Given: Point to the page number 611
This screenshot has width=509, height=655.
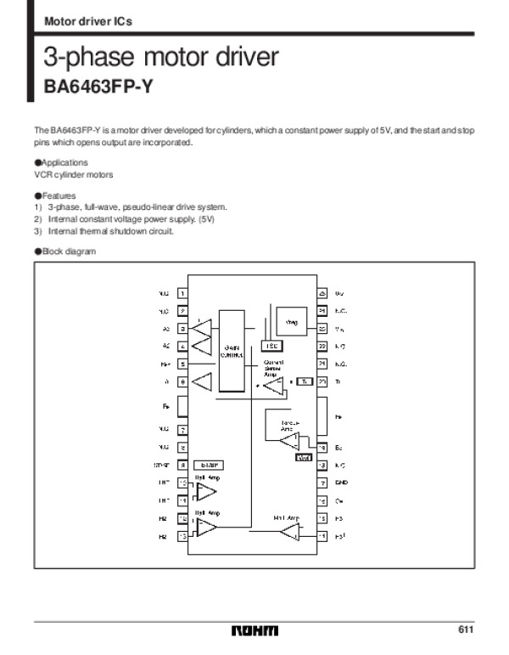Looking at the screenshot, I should click(465, 630).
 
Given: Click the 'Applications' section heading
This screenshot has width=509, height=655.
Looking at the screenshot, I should click(60, 162).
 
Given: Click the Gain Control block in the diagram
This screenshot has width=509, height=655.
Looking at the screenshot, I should click(231, 351).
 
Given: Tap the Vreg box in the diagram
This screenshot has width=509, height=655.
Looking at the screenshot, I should click(293, 322).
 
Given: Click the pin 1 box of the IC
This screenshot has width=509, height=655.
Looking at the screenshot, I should click(182, 294).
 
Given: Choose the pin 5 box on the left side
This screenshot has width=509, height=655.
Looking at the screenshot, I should click(182, 364).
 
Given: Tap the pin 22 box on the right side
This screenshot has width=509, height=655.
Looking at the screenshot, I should click(322, 347).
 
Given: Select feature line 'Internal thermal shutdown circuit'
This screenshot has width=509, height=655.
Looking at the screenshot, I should click(110, 231).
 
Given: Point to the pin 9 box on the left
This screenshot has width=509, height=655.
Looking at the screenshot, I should click(182, 466).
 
